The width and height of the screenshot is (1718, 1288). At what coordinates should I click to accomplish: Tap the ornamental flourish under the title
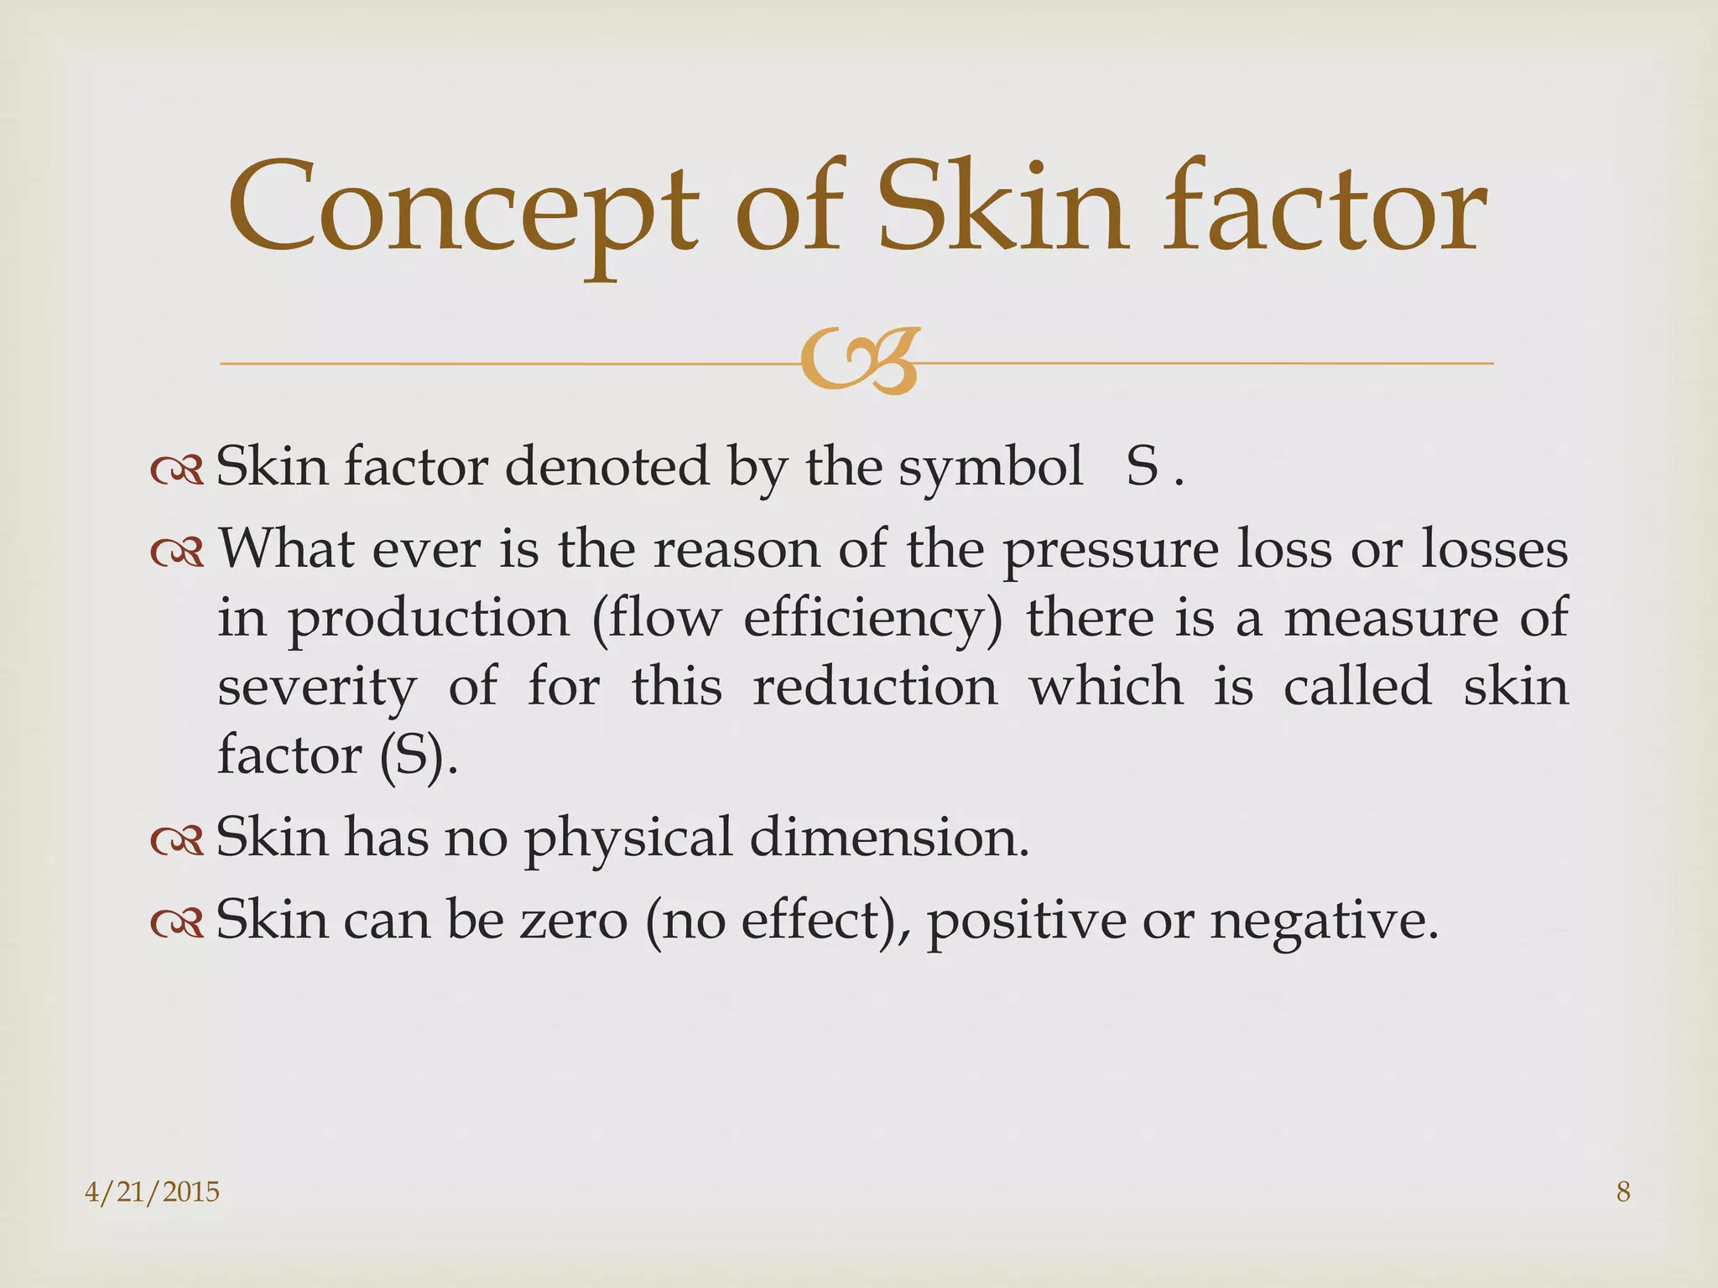coord(859,361)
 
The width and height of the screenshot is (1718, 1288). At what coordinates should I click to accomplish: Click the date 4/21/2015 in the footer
coord(153,1192)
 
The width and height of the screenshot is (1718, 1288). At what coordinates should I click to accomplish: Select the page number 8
coord(1623,1192)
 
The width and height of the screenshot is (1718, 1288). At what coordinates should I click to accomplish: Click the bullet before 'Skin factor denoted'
coord(177,471)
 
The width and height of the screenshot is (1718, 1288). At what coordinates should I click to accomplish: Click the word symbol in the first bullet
coord(991,468)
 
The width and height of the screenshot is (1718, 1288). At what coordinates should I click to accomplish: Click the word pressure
coord(1110,552)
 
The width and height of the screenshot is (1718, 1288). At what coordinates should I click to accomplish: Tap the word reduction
coord(875,687)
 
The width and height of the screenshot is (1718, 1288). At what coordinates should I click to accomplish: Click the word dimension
coord(888,838)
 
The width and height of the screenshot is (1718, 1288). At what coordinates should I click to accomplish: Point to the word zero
coord(574,921)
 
